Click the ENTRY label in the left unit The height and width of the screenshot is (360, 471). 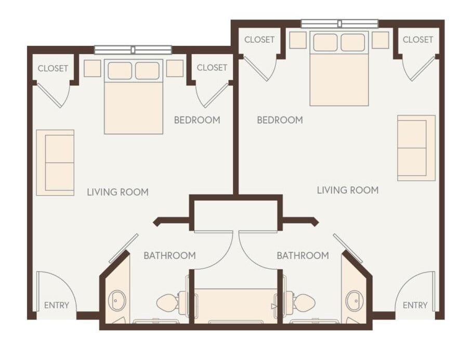tap(56, 305)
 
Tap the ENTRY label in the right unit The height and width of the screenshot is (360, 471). tap(415, 305)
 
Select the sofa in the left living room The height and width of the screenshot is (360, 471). tap(55, 162)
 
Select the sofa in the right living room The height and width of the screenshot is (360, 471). tap(416, 148)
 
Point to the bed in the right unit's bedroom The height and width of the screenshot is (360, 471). tap(339, 69)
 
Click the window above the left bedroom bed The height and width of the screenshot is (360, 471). tap(133, 50)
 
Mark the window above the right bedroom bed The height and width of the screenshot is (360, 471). tap(339, 23)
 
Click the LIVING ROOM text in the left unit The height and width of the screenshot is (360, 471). tap(117, 192)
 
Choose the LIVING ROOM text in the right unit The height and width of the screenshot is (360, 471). tap(348, 190)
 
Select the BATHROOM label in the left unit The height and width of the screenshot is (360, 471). tap(169, 255)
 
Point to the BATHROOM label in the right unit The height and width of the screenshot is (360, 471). tap(303, 255)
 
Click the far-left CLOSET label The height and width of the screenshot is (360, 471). tap(53, 68)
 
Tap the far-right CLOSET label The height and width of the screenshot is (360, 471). tap(418, 40)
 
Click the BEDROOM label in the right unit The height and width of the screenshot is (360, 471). tap(280, 120)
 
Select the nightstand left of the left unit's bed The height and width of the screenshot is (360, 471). tap(92, 68)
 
